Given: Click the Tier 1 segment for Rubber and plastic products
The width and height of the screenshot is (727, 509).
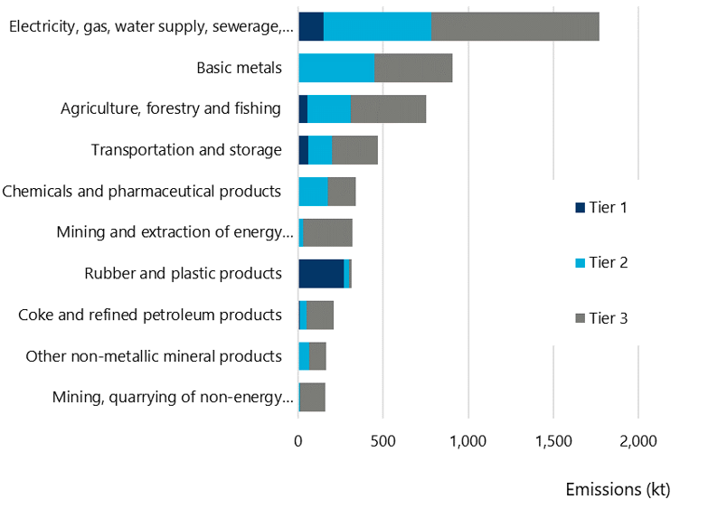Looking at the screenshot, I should coord(321,273).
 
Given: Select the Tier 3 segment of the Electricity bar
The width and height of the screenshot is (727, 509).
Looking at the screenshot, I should coord(515,27).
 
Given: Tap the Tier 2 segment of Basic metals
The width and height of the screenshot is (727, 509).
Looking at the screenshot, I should coord(336,68).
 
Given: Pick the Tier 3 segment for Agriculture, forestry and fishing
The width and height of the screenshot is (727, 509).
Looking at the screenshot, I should coord(388,108).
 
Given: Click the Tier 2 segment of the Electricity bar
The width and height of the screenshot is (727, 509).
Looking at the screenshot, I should coord(378,27).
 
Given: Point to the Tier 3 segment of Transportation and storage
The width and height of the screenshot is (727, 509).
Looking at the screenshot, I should coord(354,150).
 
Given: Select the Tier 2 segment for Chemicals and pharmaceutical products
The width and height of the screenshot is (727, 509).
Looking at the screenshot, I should coord(314,191).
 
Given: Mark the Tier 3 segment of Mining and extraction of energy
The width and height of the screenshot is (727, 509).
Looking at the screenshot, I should coord(327,232).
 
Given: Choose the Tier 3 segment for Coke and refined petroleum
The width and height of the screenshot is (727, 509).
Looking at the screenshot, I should coord(320,315).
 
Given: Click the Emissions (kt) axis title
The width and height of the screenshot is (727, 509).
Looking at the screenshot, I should coord(618,489).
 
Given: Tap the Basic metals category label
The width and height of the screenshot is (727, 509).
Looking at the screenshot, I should coord(239,68).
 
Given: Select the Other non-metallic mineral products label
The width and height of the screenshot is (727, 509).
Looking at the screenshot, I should coord(154,355).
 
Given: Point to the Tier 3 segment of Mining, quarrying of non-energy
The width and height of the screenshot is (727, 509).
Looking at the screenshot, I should coord(313,397).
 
